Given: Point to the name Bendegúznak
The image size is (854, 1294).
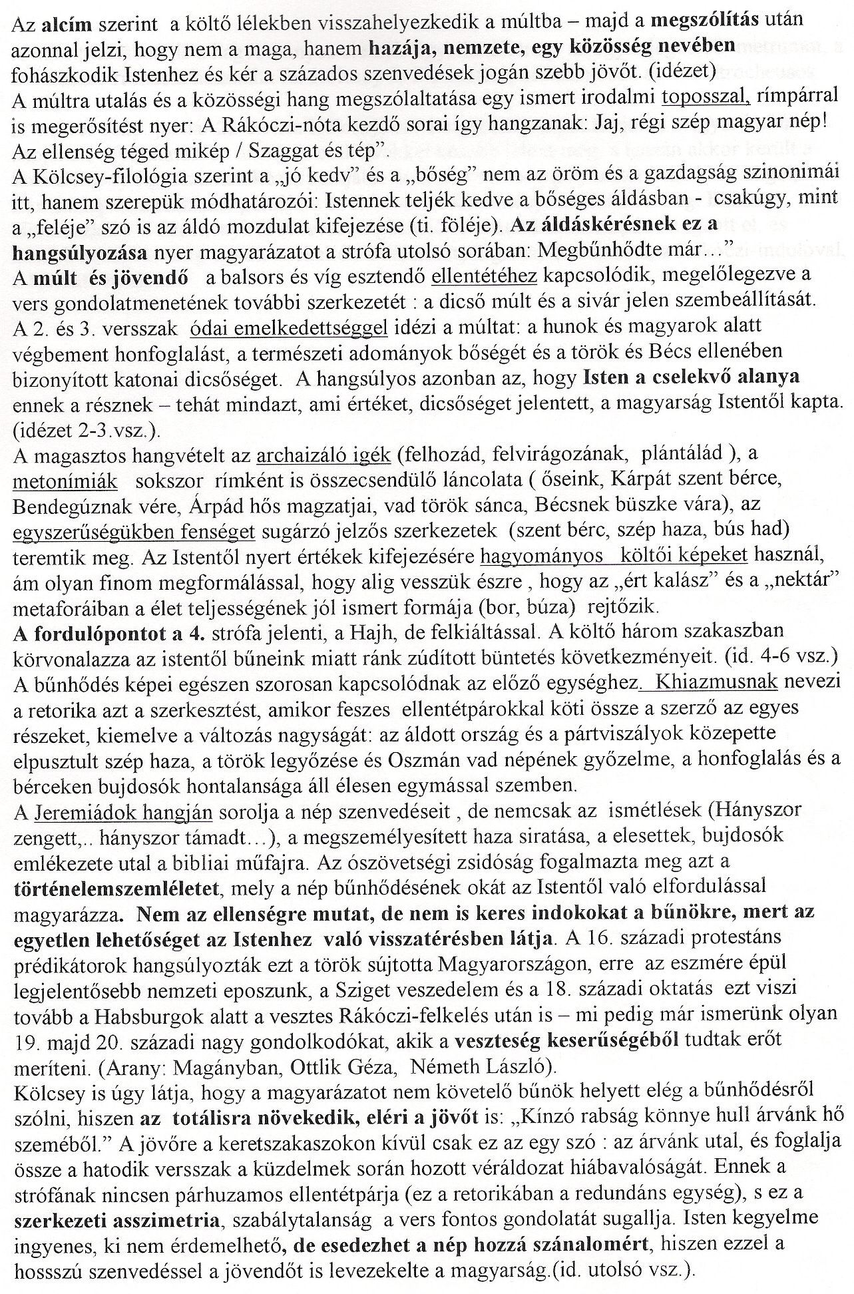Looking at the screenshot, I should [73, 506].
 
